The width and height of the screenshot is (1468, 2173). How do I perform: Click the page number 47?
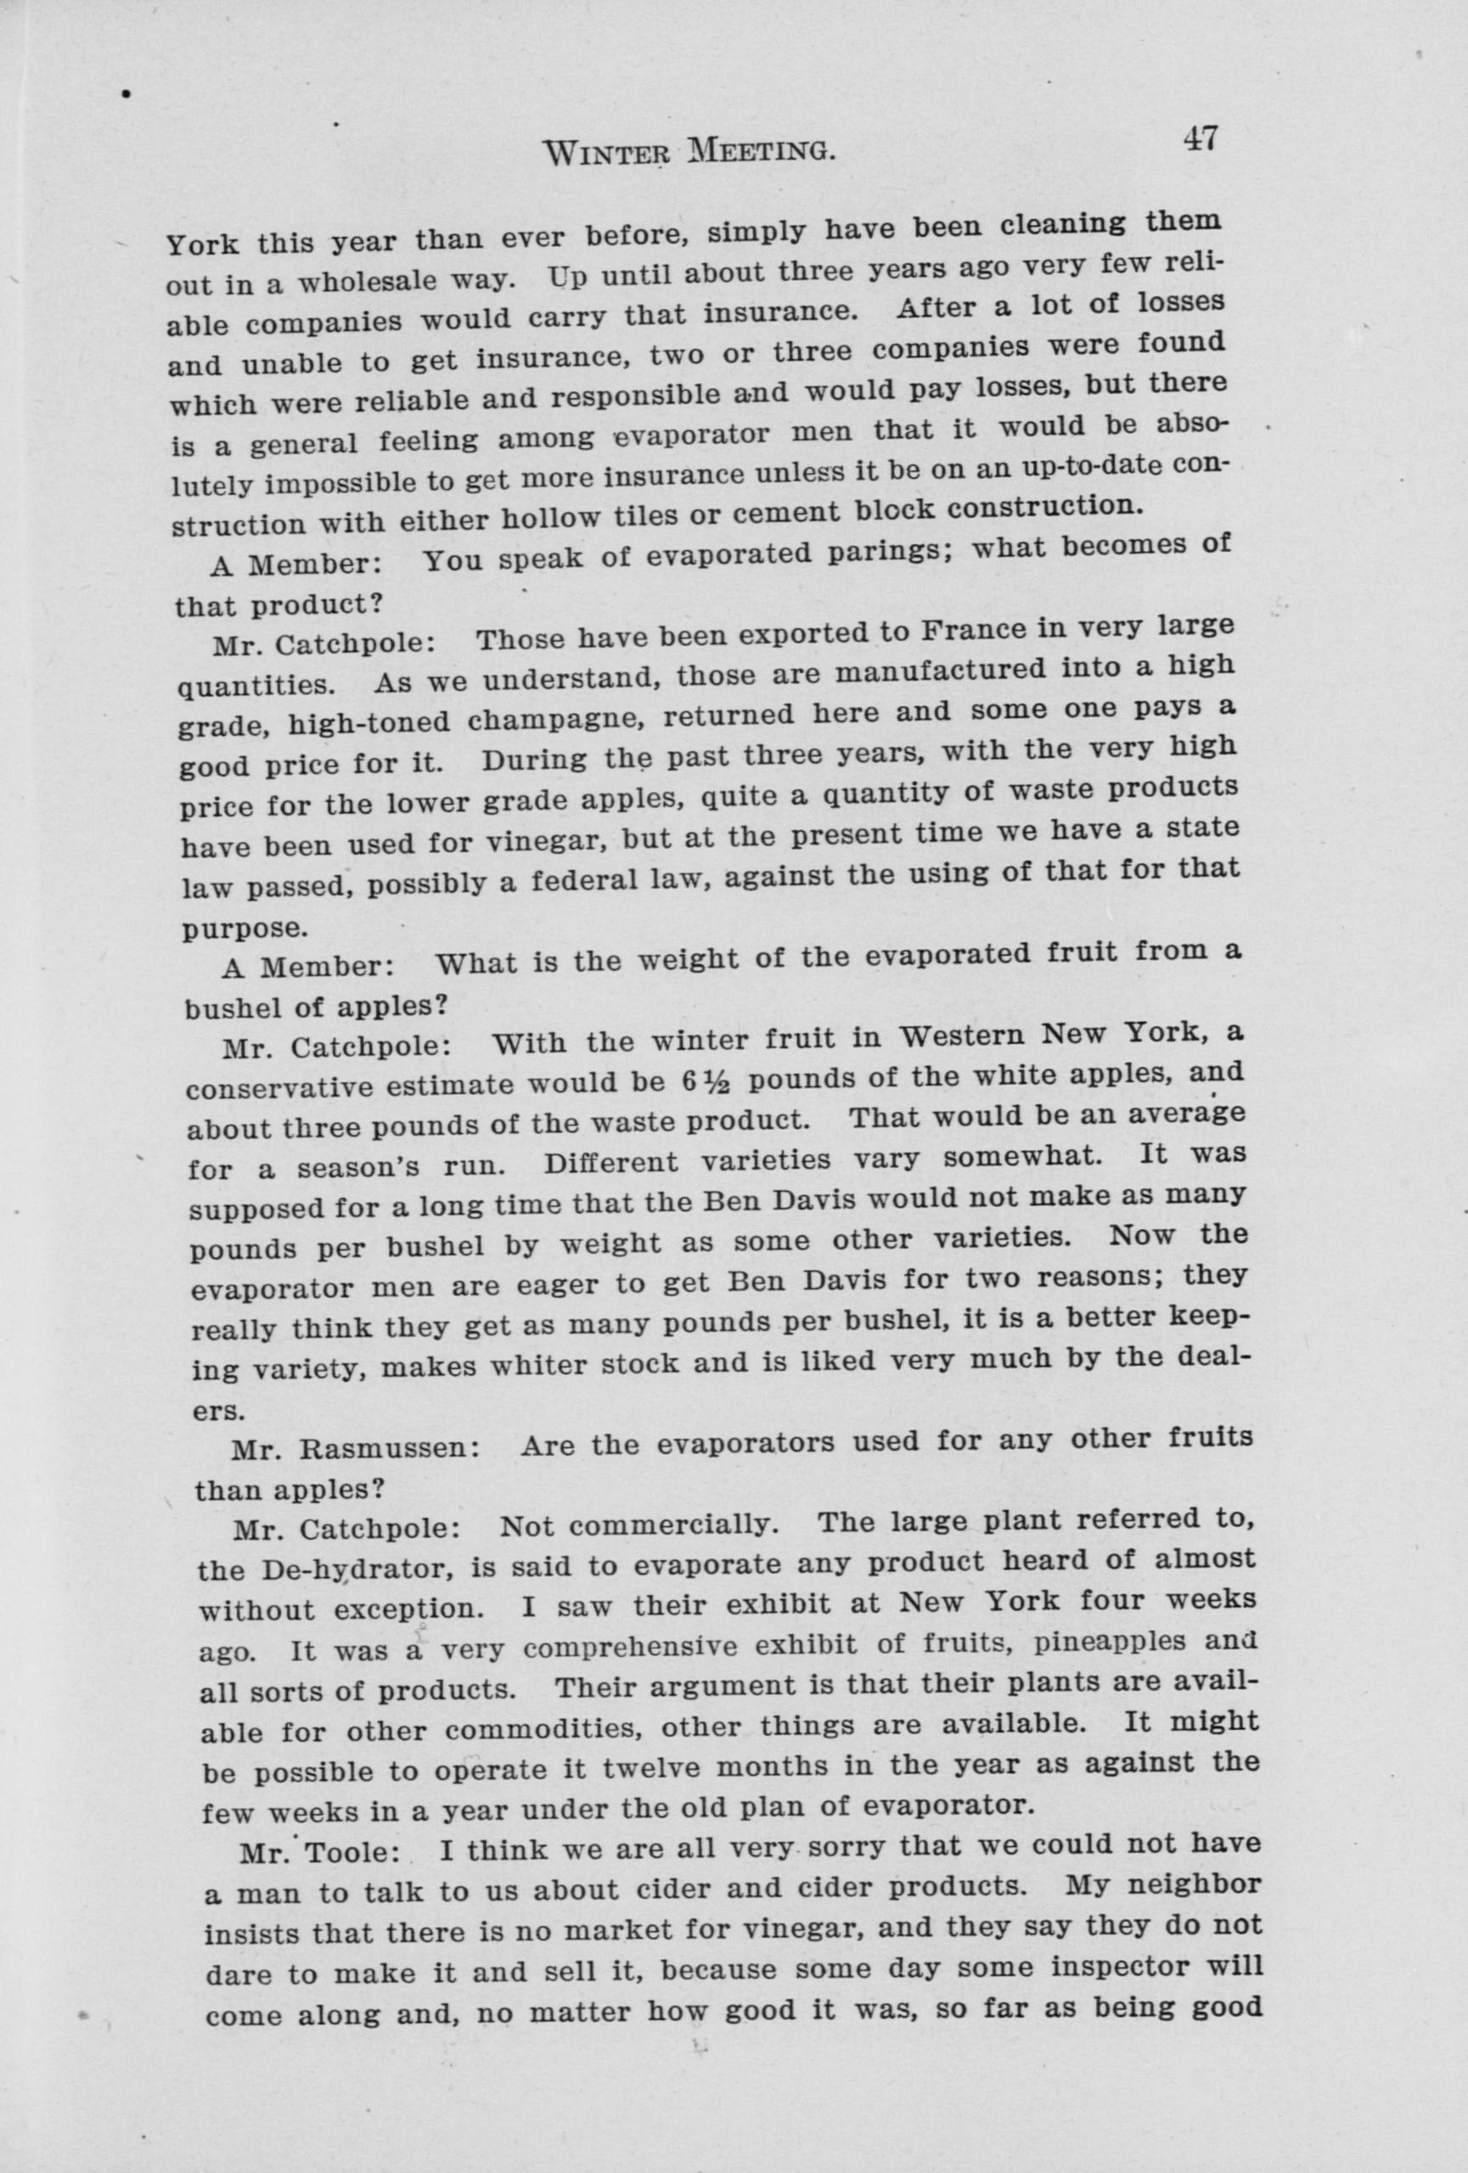pyautogui.click(x=1200, y=138)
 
